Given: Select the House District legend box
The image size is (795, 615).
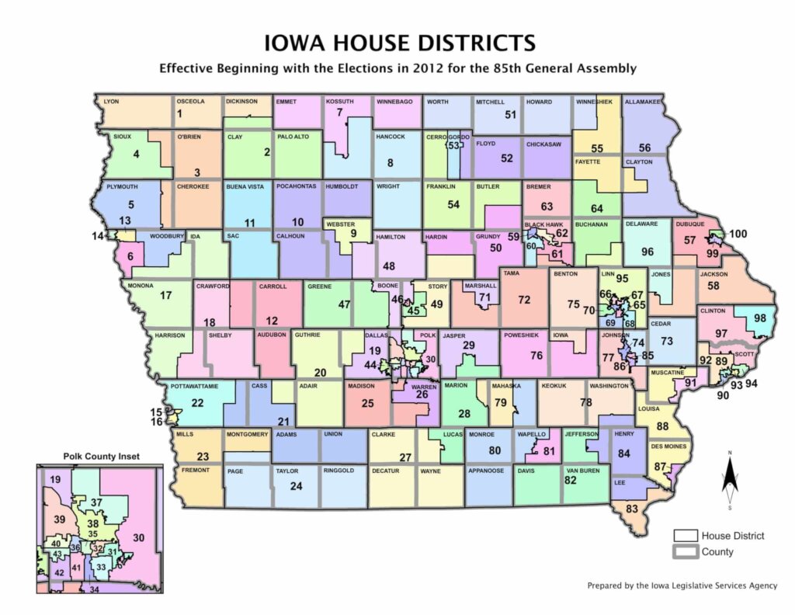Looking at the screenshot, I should click(684, 536).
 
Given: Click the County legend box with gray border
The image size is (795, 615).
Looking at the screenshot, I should click(684, 552).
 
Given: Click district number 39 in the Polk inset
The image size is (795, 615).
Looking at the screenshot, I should click(57, 519).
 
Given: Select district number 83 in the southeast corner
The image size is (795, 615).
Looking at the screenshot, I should click(631, 509).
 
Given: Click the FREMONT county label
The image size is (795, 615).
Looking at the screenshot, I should click(191, 471).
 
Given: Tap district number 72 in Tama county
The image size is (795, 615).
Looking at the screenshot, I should click(524, 300).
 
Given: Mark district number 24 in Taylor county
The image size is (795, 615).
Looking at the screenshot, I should click(295, 487).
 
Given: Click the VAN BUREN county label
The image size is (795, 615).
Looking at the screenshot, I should click(581, 471).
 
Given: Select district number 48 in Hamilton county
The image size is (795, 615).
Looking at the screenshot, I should click(390, 266).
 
